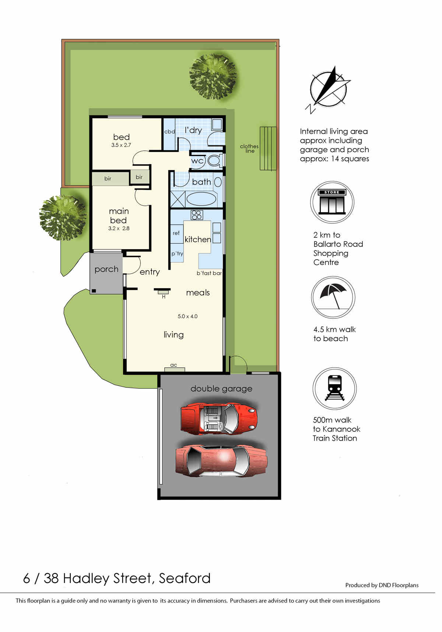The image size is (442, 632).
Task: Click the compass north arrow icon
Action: point(329,88)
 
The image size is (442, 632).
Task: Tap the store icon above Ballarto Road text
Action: point(332,202)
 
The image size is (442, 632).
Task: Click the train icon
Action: point(334,388)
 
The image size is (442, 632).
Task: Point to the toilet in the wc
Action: point(214,160)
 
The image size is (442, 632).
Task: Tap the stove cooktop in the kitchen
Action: point(197,215)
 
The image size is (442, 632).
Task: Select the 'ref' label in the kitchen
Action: point(176,233)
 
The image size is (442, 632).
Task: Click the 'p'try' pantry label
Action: point(177,254)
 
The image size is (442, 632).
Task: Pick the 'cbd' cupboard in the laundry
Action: point(169,131)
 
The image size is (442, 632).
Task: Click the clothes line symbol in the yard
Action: point(268,148)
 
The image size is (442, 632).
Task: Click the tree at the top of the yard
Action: point(213,77)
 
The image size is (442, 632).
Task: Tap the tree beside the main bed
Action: point(63,218)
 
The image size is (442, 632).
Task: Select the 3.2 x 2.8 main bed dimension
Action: point(119,228)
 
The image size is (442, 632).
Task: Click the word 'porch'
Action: point(106,269)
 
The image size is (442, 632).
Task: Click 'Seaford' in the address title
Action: point(185,578)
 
